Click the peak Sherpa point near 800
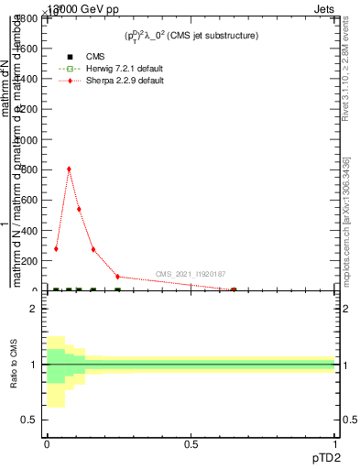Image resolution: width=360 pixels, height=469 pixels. (x=69, y=169)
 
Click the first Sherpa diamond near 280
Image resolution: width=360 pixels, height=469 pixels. (x=56, y=248)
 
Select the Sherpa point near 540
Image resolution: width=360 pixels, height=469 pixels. (x=79, y=209)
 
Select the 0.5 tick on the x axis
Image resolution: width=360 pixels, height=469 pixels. (x=191, y=442)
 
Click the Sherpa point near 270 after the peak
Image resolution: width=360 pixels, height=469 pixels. (x=93, y=249)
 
